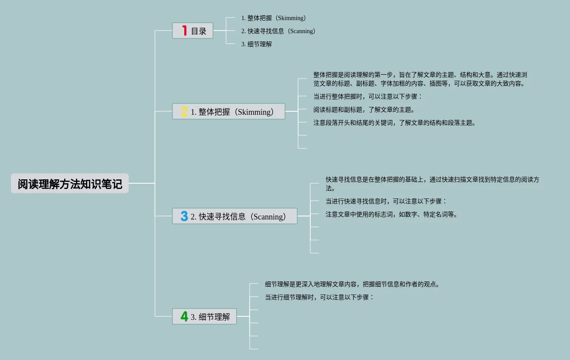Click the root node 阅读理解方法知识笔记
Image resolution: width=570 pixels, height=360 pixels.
coord(70,184)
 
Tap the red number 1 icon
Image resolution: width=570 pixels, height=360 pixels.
coord(185,31)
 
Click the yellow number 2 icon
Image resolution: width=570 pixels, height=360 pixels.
coord(184,112)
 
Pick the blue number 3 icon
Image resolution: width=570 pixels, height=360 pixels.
coord(184,216)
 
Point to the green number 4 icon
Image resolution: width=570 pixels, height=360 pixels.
coord(184,316)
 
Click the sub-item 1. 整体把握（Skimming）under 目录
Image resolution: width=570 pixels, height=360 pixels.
coord(274,18)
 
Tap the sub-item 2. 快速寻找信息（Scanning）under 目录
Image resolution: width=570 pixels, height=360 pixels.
coord(278,31)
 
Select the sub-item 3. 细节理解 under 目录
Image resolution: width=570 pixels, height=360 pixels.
coord(257,44)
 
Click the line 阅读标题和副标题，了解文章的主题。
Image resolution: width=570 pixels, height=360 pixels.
coord(364,110)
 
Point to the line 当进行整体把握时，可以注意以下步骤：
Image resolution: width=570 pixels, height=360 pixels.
coord(368,96)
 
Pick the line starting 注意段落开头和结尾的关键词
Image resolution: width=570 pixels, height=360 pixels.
coord(395,123)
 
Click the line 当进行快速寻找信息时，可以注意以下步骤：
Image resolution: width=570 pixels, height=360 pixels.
coord(386,201)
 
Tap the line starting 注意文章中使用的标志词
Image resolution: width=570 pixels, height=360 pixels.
coord(391,214)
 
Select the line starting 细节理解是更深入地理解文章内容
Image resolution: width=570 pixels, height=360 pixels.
coord(353,284)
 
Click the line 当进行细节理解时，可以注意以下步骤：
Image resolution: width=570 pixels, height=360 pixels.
coord(319,297)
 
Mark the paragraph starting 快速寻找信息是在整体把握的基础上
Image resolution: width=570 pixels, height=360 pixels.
coord(432,184)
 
